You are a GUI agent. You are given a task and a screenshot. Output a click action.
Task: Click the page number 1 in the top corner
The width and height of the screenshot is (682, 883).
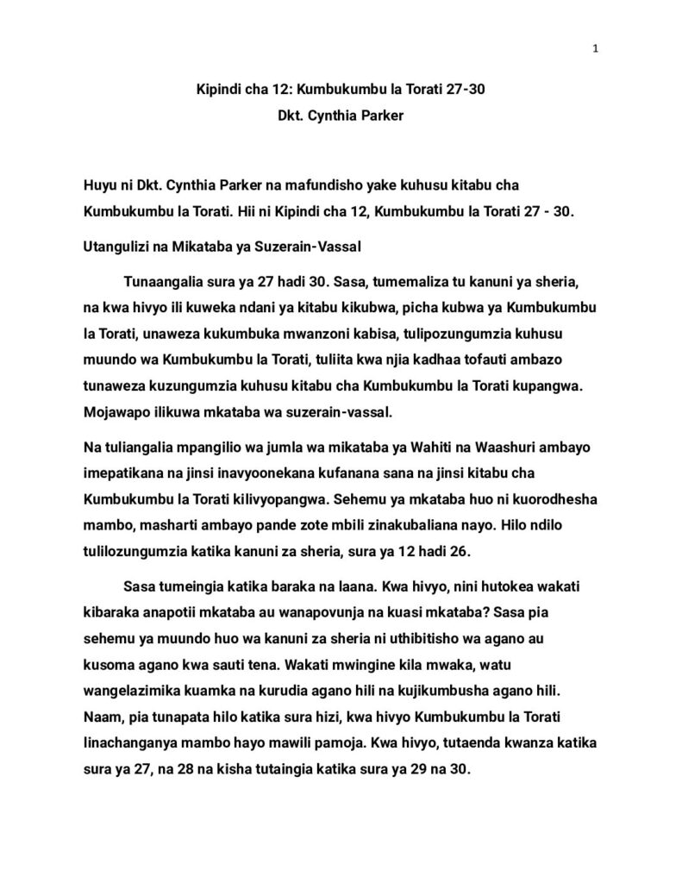click(595, 48)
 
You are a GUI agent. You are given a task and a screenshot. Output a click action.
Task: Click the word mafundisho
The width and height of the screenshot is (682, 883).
click(306, 185)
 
